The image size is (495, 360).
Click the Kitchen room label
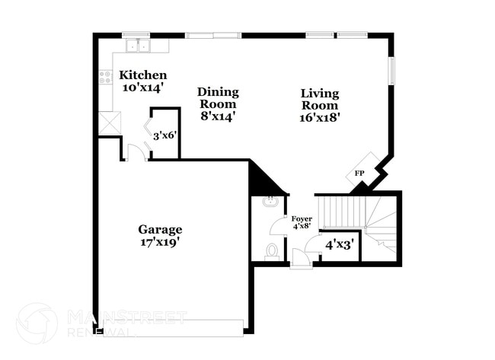(142, 75)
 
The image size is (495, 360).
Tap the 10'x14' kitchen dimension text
(142, 88)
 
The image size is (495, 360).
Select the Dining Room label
(218, 98)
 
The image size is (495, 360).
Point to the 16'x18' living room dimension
(319, 117)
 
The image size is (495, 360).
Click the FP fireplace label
(359, 174)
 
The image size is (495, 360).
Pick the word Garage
(160, 229)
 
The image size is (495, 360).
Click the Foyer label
(302, 219)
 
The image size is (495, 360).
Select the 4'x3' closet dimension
(339, 244)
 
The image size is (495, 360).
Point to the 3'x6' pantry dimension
(164, 136)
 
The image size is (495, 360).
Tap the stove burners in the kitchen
(105, 77)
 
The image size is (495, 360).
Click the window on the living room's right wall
(393, 71)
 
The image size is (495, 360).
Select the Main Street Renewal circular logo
(37, 323)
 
